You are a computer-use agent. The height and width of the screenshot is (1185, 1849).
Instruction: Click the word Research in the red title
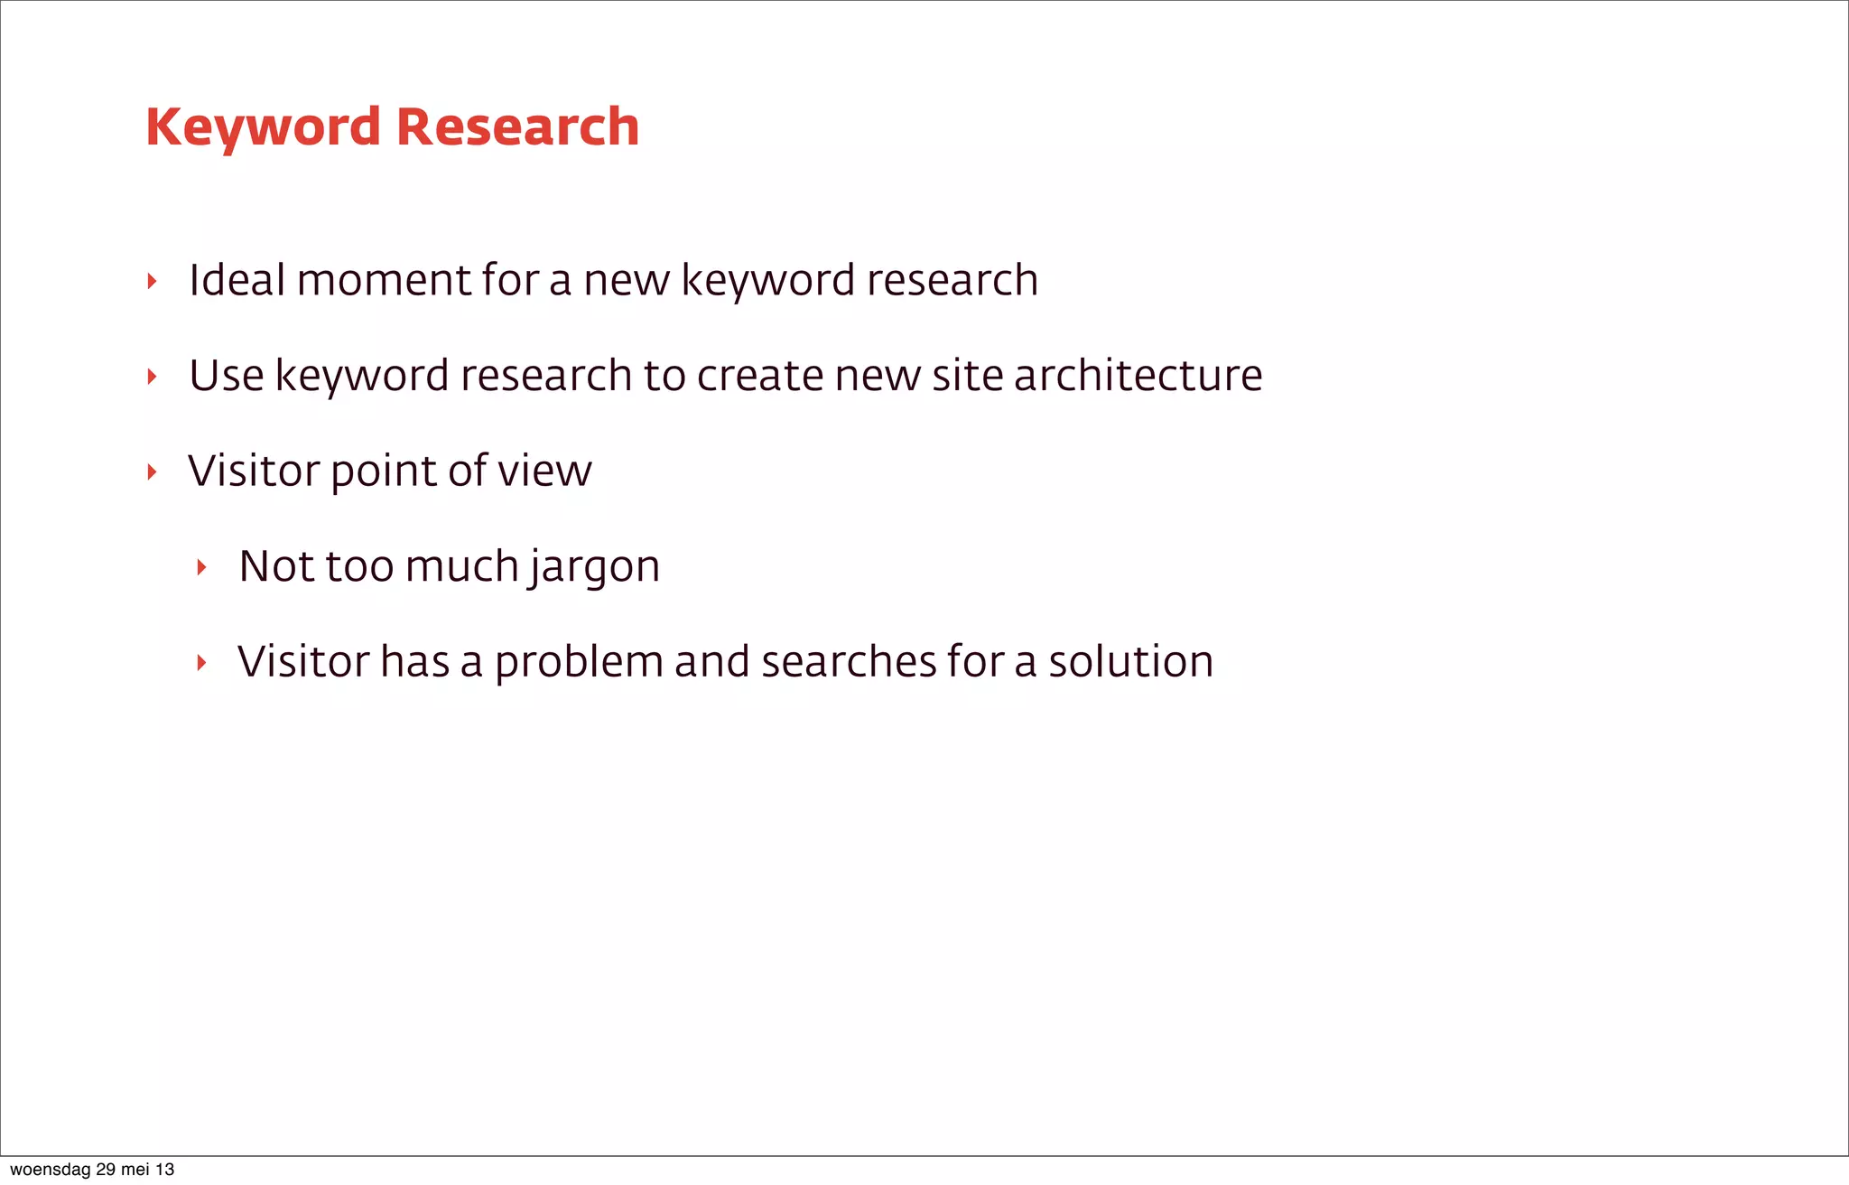coord(517,127)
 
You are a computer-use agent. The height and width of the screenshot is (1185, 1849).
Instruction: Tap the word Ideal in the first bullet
coord(237,280)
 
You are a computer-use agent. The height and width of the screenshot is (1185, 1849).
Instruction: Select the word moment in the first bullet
coord(384,281)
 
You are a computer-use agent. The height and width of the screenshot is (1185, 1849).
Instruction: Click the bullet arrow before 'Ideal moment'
coord(152,282)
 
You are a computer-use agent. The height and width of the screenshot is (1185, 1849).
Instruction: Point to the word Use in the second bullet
coord(226,376)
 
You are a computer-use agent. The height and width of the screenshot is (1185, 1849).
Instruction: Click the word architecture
coord(1138,376)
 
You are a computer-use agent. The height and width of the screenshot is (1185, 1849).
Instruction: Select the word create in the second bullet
coord(760,376)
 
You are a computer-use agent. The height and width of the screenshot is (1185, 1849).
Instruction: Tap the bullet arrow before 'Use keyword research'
coord(152,377)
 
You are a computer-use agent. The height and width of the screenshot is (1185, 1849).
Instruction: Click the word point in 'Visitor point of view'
coord(384,472)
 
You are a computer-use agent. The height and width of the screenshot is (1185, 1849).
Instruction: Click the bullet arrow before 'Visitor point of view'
coord(152,471)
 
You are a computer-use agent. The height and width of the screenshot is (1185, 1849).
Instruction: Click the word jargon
coord(595,568)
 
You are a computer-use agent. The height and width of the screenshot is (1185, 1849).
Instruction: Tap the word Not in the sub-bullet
coord(276,567)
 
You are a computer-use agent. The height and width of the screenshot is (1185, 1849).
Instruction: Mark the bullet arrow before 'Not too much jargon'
coord(202,568)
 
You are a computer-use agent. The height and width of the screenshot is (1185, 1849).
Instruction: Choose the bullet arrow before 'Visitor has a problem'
coord(202,663)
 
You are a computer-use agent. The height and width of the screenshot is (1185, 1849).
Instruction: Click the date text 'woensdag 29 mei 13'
coord(92,1170)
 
